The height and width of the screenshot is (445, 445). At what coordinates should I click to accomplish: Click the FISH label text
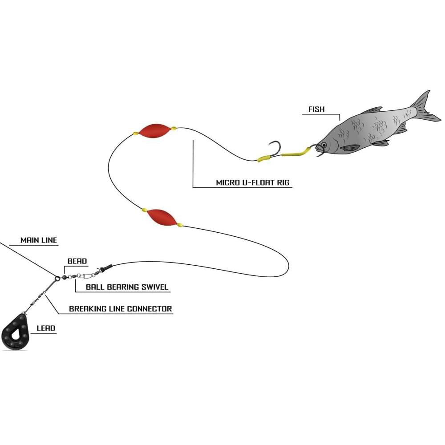tap(316, 109)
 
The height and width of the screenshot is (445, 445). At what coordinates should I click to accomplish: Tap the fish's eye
tap(324, 145)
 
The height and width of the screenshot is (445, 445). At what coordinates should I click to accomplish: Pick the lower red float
tap(161, 217)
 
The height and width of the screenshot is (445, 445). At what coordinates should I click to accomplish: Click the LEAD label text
tap(46, 328)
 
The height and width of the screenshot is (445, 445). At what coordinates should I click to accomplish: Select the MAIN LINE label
tap(39, 240)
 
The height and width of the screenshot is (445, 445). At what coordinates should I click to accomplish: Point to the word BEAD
tap(77, 261)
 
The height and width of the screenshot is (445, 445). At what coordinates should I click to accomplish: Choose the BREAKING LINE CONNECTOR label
tap(120, 308)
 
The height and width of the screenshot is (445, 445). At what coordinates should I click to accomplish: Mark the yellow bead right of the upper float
tap(174, 128)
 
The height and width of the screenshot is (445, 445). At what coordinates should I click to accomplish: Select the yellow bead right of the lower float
tap(180, 225)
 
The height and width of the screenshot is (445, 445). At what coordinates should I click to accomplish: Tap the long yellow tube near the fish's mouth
tap(297, 153)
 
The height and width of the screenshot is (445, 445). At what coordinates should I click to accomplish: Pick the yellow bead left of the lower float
tap(144, 210)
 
